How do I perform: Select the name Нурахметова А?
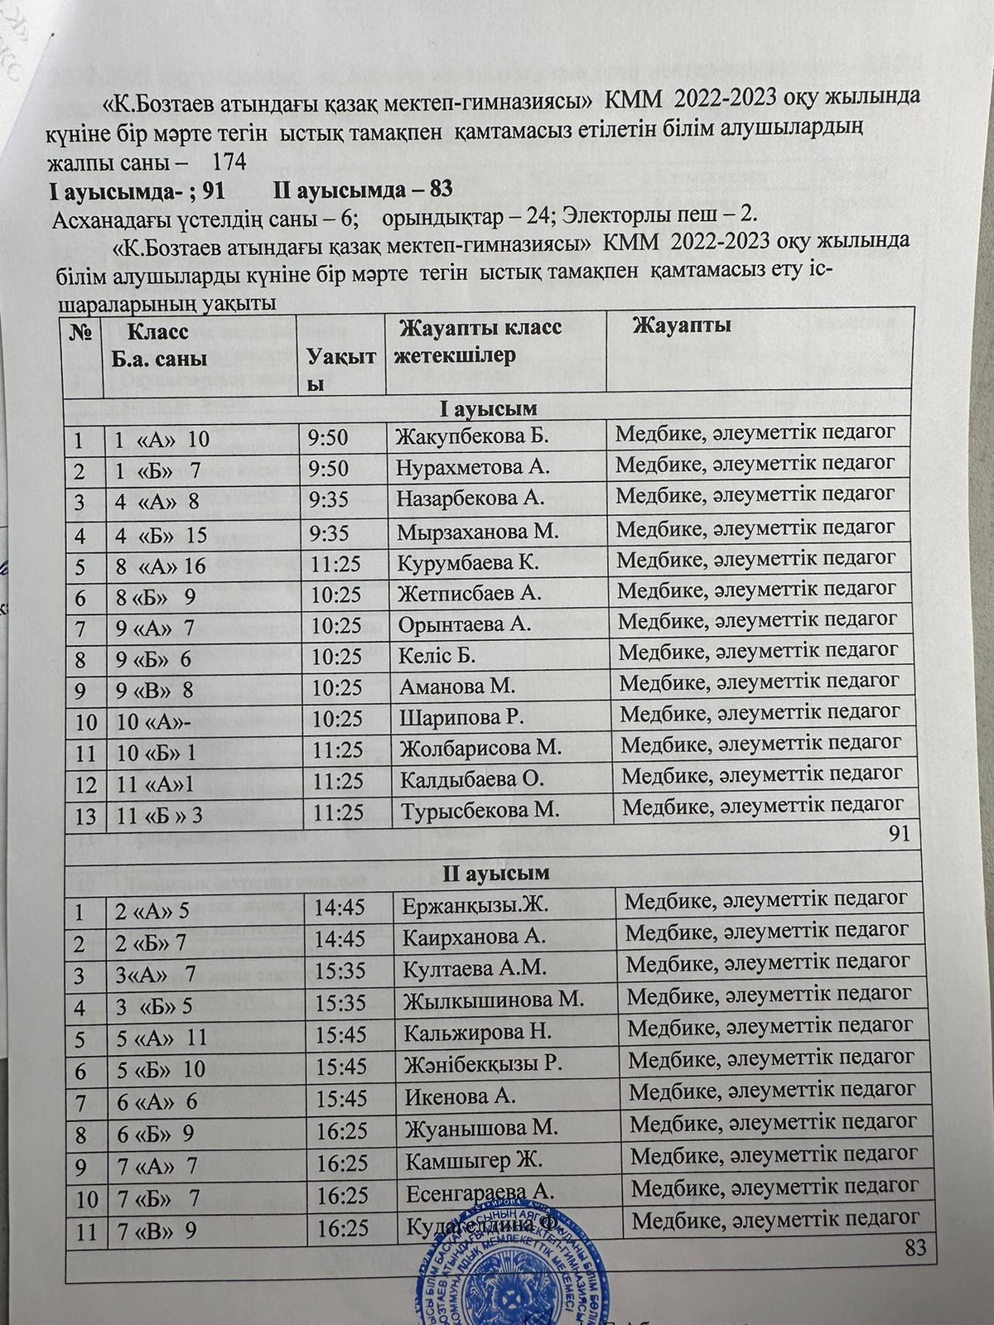(x=473, y=467)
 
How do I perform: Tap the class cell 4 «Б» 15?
(x=162, y=535)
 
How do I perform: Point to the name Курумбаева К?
(x=468, y=563)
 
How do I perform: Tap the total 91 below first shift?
(x=899, y=835)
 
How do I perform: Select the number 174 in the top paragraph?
(x=229, y=162)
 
